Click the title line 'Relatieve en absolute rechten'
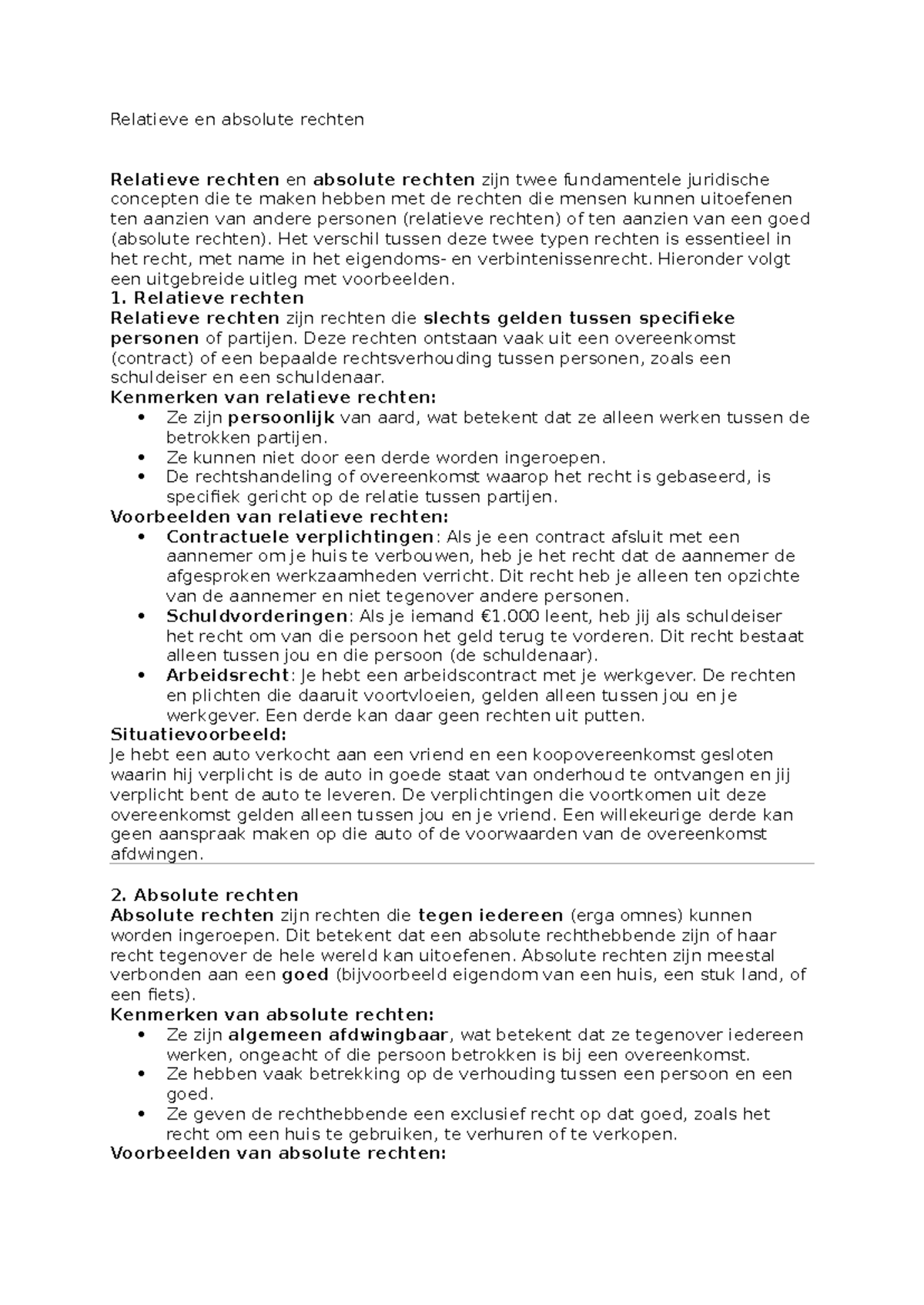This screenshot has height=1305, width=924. pos(237,119)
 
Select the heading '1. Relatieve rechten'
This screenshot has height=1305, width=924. pos(207,298)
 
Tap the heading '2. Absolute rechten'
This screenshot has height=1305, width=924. pos(204,895)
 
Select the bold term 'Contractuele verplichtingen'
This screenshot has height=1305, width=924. pos(300,536)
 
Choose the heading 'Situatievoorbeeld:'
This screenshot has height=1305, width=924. pos(187,735)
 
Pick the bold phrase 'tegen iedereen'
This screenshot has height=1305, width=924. pos(490,915)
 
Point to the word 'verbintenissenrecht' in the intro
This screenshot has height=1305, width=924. pos(584,259)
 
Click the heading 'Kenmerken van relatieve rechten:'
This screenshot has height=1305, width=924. pos(273,398)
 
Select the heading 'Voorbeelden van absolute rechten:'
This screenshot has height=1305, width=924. pos(278,1153)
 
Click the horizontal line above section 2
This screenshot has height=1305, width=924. pos(462,864)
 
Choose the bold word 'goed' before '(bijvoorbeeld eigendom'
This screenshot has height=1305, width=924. pos(305,975)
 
